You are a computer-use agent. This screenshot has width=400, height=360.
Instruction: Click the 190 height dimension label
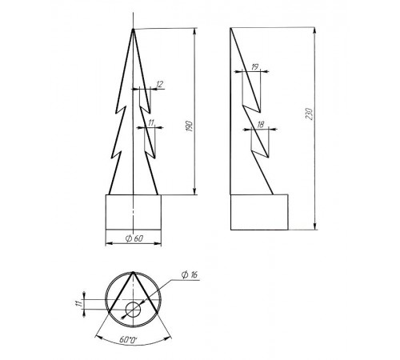point(190,126)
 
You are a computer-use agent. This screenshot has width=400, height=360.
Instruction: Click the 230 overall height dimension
point(309,114)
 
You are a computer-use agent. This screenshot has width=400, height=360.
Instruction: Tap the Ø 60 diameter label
point(134,238)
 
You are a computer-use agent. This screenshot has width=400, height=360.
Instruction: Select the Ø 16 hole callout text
point(190,274)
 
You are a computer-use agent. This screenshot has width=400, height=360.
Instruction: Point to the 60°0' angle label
point(128,339)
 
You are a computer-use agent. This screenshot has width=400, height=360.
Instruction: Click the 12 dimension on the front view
point(159,85)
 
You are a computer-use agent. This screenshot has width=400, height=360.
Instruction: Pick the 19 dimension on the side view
point(255,66)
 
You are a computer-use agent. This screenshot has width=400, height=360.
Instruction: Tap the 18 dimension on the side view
point(261,124)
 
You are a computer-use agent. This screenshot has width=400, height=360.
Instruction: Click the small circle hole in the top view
point(133,310)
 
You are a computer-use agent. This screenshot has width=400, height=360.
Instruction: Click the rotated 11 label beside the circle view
point(78,303)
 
